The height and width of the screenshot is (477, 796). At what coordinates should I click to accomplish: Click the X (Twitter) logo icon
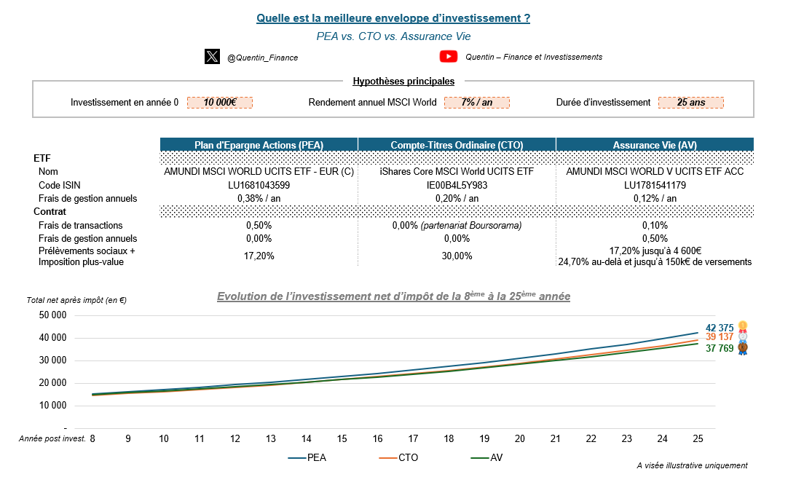click(212, 57)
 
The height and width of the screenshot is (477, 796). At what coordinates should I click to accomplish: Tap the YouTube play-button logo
click(449, 57)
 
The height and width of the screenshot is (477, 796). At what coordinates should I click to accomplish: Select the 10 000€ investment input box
click(219, 103)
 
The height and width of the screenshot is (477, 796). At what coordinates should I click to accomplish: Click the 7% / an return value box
click(476, 103)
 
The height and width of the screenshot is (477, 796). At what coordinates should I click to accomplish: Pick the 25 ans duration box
click(690, 103)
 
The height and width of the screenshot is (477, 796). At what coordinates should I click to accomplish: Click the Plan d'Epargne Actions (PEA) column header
click(259, 145)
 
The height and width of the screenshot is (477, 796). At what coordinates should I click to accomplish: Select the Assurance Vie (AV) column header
click(654, 145)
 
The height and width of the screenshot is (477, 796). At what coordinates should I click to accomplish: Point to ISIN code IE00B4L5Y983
click(457, 185)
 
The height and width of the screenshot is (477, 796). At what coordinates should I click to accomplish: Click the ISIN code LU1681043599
click(259, 185)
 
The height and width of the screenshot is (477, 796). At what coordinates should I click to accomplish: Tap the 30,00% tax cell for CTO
click(457, 256)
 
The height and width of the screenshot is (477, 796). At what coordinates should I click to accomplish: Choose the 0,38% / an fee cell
click(259, 198)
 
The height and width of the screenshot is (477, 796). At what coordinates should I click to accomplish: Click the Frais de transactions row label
click(80, 226)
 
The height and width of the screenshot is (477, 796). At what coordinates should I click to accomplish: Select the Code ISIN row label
click(60, 185)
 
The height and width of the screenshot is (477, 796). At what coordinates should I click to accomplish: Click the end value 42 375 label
click(720, 328)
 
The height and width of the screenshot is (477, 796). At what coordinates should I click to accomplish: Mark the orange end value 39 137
click(720, 337)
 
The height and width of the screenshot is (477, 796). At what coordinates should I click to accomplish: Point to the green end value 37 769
click(720, 349)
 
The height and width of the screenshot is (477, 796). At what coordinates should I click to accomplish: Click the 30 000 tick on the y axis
click(52, 360)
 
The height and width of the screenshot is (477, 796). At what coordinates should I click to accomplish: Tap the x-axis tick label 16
click(377, 438)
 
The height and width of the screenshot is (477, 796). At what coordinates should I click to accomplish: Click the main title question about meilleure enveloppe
click(393, 18)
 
